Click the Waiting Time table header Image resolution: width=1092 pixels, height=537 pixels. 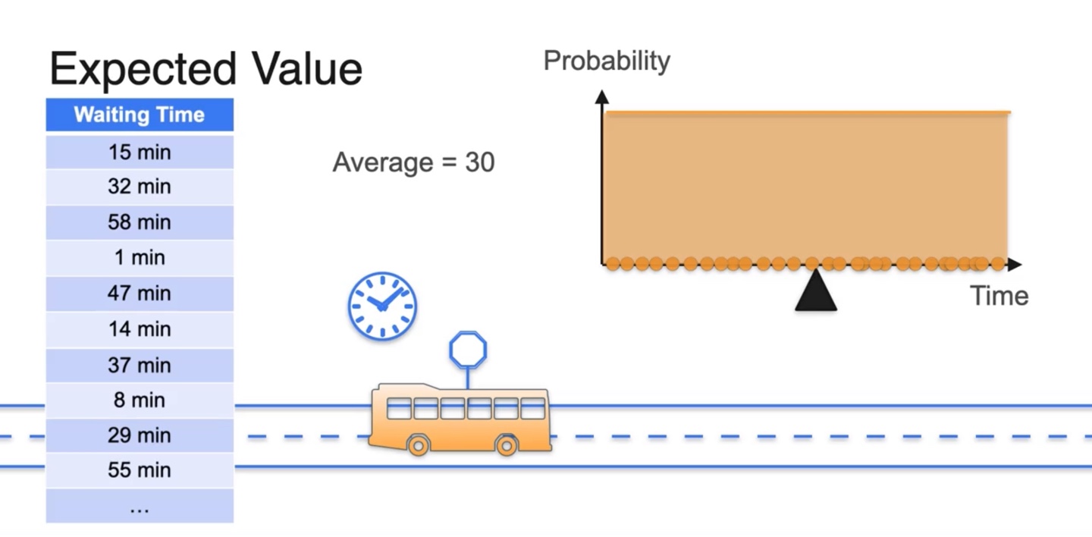tap(140, 115)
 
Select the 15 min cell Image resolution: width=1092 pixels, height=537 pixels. tap(140, 152)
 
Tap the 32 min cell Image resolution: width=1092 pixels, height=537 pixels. tap(140, 187)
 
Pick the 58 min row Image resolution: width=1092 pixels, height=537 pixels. tap(140, 222)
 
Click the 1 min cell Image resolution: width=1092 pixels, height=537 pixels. tap(140, 258)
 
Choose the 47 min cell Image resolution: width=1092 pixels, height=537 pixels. tap(140, 294)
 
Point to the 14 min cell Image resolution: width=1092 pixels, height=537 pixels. tap(140, 329)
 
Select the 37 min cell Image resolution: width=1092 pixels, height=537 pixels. tap(140, 365)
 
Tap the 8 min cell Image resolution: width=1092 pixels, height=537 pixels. tap(140, 400)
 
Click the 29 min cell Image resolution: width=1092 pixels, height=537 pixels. tap(140, 435)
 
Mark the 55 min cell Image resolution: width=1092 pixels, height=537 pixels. tap(140, 470)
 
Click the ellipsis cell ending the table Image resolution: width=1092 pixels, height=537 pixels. tap(140, 507)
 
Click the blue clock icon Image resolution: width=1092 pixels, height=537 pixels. tap(382, 306)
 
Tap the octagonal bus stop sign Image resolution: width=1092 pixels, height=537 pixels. tap(468, 350)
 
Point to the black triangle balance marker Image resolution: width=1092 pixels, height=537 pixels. tap(815, 292)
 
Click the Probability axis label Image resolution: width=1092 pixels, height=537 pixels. tap(607, 61)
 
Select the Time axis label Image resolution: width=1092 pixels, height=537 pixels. tap(999, 296)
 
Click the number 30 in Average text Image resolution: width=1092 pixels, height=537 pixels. tap(479, 162)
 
